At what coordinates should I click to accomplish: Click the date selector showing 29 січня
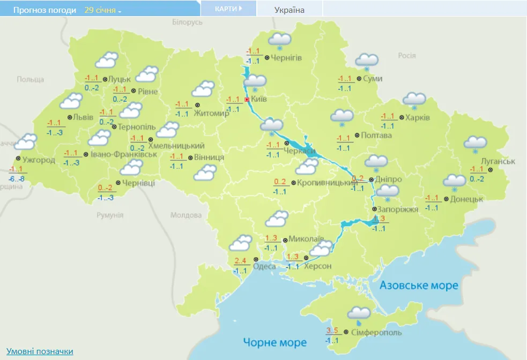click(x=102, y=10)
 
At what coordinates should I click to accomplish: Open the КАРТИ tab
click(x=228, y=9)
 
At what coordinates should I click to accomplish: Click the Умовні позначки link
click(x=40, y=351)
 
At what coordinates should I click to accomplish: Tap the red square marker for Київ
click(x=247, y=100)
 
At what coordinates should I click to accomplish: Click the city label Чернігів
click(x=286, y=58)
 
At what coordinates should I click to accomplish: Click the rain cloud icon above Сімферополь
click(x=358, y=314)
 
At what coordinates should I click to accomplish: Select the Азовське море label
click(x=419, y=286)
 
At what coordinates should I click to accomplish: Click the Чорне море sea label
click(x=274, y=342)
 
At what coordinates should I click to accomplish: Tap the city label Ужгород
click(x=39, y=160)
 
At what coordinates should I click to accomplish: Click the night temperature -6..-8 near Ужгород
click(x=16, y=179)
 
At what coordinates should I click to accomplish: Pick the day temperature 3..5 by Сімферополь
click(x=333, y=330)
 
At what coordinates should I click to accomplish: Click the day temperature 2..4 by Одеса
click(x=241, y=261)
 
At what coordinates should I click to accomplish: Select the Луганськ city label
click(x=498, y=161)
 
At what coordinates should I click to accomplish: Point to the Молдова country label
click(x=185, y=215)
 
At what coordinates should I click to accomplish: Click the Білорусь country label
click(x=187, y=22)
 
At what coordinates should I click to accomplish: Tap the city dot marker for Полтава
click(x=357, y=135)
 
